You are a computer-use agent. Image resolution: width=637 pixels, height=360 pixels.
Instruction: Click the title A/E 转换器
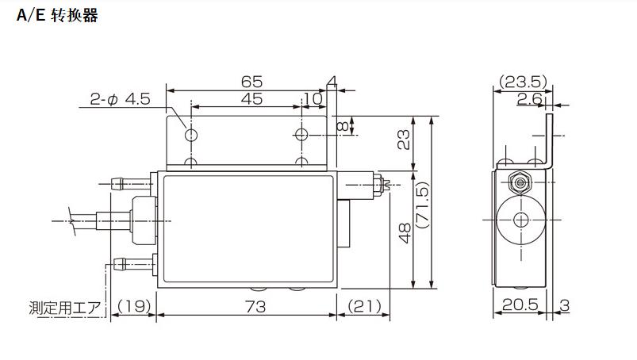(57, 15)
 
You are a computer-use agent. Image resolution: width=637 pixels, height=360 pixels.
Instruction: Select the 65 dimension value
(252, 82)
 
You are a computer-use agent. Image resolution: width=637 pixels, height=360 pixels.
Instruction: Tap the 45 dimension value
(252, 98)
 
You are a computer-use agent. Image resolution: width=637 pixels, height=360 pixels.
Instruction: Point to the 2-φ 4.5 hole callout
(121, 99)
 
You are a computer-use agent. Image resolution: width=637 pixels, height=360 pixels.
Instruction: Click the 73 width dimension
(255, 306)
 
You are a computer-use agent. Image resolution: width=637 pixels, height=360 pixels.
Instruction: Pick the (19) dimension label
(133, 306)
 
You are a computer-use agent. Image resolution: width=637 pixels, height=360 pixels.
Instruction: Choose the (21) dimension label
(364, 306)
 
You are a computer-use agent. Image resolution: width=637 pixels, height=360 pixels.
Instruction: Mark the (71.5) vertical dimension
(423, 205)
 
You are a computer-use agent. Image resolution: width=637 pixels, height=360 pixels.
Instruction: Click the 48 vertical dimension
(405, 233)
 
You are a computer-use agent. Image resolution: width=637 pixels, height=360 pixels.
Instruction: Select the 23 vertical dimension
(404, 140)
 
